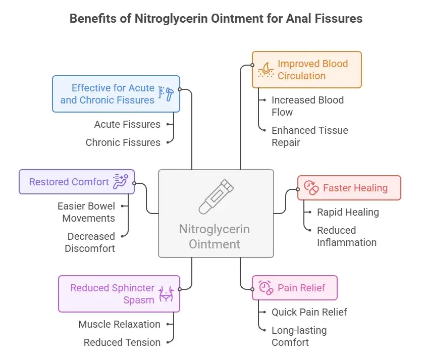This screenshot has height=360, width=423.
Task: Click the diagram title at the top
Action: (x=216, y=19)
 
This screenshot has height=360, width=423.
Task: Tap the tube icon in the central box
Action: (x=216, y=197)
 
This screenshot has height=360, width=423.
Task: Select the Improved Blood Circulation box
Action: (x=307, y=70)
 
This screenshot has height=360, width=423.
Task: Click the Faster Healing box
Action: (x=349, y=188)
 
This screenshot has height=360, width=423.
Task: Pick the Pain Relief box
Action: (x=294, y=288)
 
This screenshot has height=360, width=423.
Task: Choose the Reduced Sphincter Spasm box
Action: (x=119, y=294)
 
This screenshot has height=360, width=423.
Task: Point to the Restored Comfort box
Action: (x=77, y=182)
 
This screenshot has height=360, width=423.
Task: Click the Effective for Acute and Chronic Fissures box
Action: (x=116, y=94)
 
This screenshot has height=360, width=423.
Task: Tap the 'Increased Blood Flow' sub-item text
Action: (x=307, y=106)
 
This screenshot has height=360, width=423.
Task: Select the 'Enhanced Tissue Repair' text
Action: (x=309, y=136)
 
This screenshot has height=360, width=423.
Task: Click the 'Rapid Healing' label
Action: (x=348, y=212)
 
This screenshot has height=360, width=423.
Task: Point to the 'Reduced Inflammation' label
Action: (x=346, y=236)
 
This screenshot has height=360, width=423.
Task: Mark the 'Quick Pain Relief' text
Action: (x=309, y=312)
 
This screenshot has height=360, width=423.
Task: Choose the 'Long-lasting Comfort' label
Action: (x=299, y=336)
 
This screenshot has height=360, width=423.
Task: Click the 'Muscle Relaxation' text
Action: (x=119, y=324)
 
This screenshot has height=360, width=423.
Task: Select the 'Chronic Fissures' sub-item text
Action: (x=123, y=142)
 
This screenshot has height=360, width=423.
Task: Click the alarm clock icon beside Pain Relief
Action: (x=265, y=288)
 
